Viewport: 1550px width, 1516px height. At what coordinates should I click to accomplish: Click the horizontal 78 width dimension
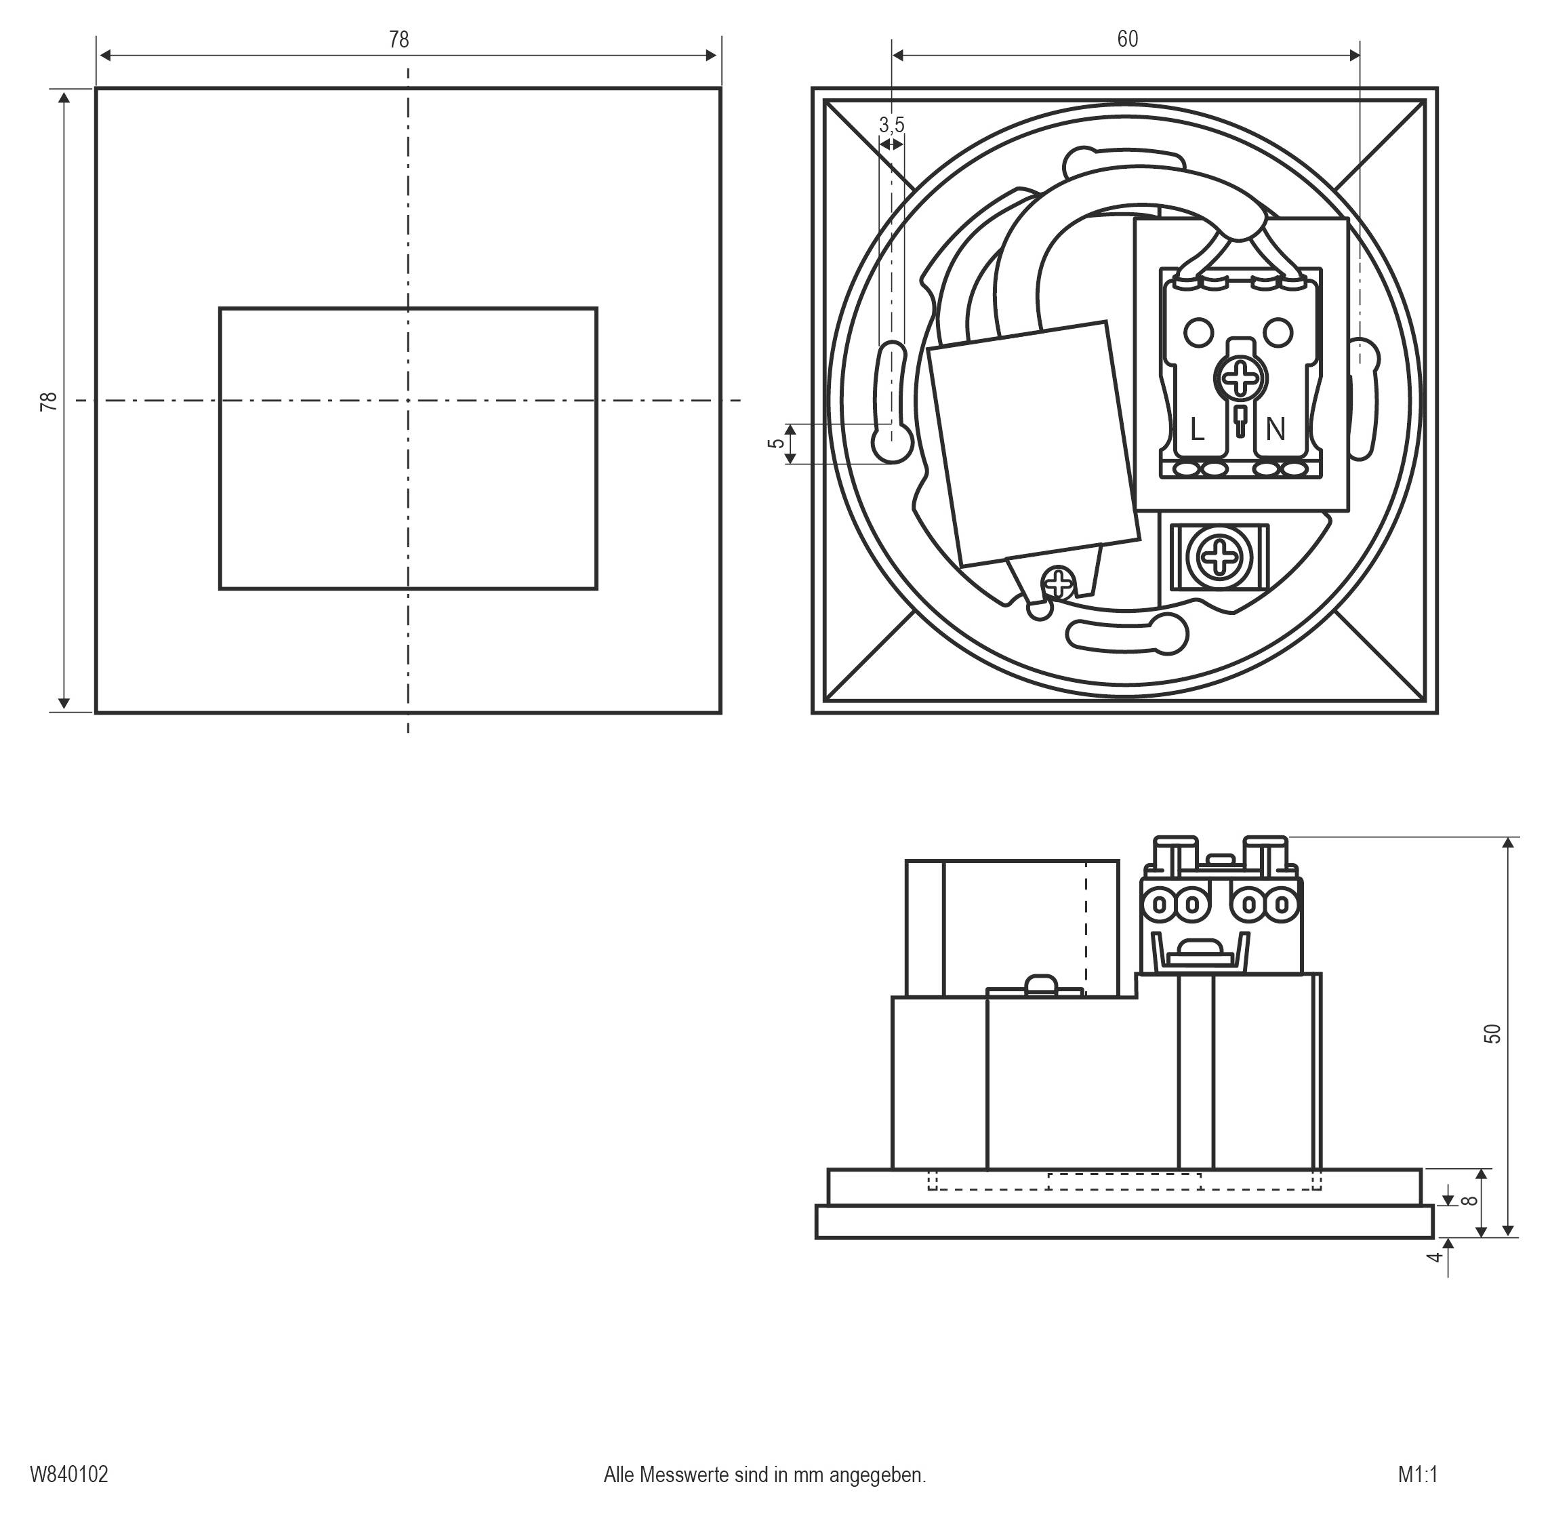(399, 40)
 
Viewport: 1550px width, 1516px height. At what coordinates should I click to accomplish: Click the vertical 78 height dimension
(49, 401)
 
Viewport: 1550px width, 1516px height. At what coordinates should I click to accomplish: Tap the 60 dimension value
(1127, 39)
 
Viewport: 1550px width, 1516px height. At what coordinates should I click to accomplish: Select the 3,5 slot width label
(892, 125)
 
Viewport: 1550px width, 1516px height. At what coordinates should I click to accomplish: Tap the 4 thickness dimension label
(1435, 1256)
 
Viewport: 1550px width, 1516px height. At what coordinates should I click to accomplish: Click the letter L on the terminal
(1196, 431)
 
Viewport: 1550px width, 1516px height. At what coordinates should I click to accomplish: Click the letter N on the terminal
(1276, 430)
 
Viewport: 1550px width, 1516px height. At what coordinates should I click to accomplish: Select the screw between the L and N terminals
(1240, 379)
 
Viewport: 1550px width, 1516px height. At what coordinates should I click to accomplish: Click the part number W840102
(69, 1474)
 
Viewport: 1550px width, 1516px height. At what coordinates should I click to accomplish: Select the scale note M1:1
(1417, 1474)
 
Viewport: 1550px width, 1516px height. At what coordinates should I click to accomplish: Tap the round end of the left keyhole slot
(892, 443)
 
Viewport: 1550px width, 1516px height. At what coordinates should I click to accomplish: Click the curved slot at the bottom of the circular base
(1126, 633)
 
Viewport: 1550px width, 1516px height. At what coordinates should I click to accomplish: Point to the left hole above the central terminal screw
(1198, 332)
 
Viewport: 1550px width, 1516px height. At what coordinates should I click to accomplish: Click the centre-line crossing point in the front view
(409, 401)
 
